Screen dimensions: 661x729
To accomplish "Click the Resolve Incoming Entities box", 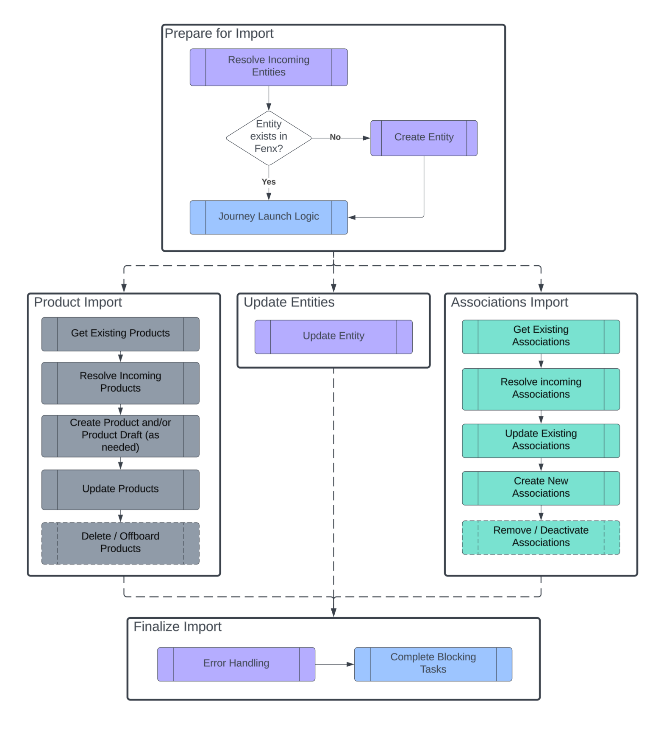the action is click(x=269, y=67).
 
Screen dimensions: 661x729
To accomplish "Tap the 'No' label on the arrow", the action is click(x=335, y=137).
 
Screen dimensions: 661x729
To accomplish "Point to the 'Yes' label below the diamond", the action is click(x=269, y=182).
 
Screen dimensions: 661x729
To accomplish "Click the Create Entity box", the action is click(x=424, y=138).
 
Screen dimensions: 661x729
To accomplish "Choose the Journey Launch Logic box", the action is click(x=269, y=217).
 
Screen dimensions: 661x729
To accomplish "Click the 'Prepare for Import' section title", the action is click(x=219, y=33).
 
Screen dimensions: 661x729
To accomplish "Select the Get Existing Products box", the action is click(x=120, y=334).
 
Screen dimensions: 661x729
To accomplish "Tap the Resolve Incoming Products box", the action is click(x=120, y=383).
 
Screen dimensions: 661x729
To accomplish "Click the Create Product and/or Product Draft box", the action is click(x=120, y=436).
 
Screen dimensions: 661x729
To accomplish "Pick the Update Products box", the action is click(x=120, y=489).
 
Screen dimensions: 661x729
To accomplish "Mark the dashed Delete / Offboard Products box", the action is click(x=120, y=543).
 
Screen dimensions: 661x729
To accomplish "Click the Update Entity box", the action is click(x=333, y=337).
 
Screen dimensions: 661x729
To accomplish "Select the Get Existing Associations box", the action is click(x=541, y=337).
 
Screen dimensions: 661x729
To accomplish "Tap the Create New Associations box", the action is click(x=541, y=488).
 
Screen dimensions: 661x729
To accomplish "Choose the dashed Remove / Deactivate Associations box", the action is click(x=541, y=537).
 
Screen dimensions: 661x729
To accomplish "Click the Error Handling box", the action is click(x=236, y=664).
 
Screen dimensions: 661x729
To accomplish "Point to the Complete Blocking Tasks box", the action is click(x=433, y=664).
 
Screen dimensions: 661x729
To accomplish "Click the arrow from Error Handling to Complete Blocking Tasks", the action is click(x=334, y=664).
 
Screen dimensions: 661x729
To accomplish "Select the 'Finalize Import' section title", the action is click(x=178, y=626).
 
